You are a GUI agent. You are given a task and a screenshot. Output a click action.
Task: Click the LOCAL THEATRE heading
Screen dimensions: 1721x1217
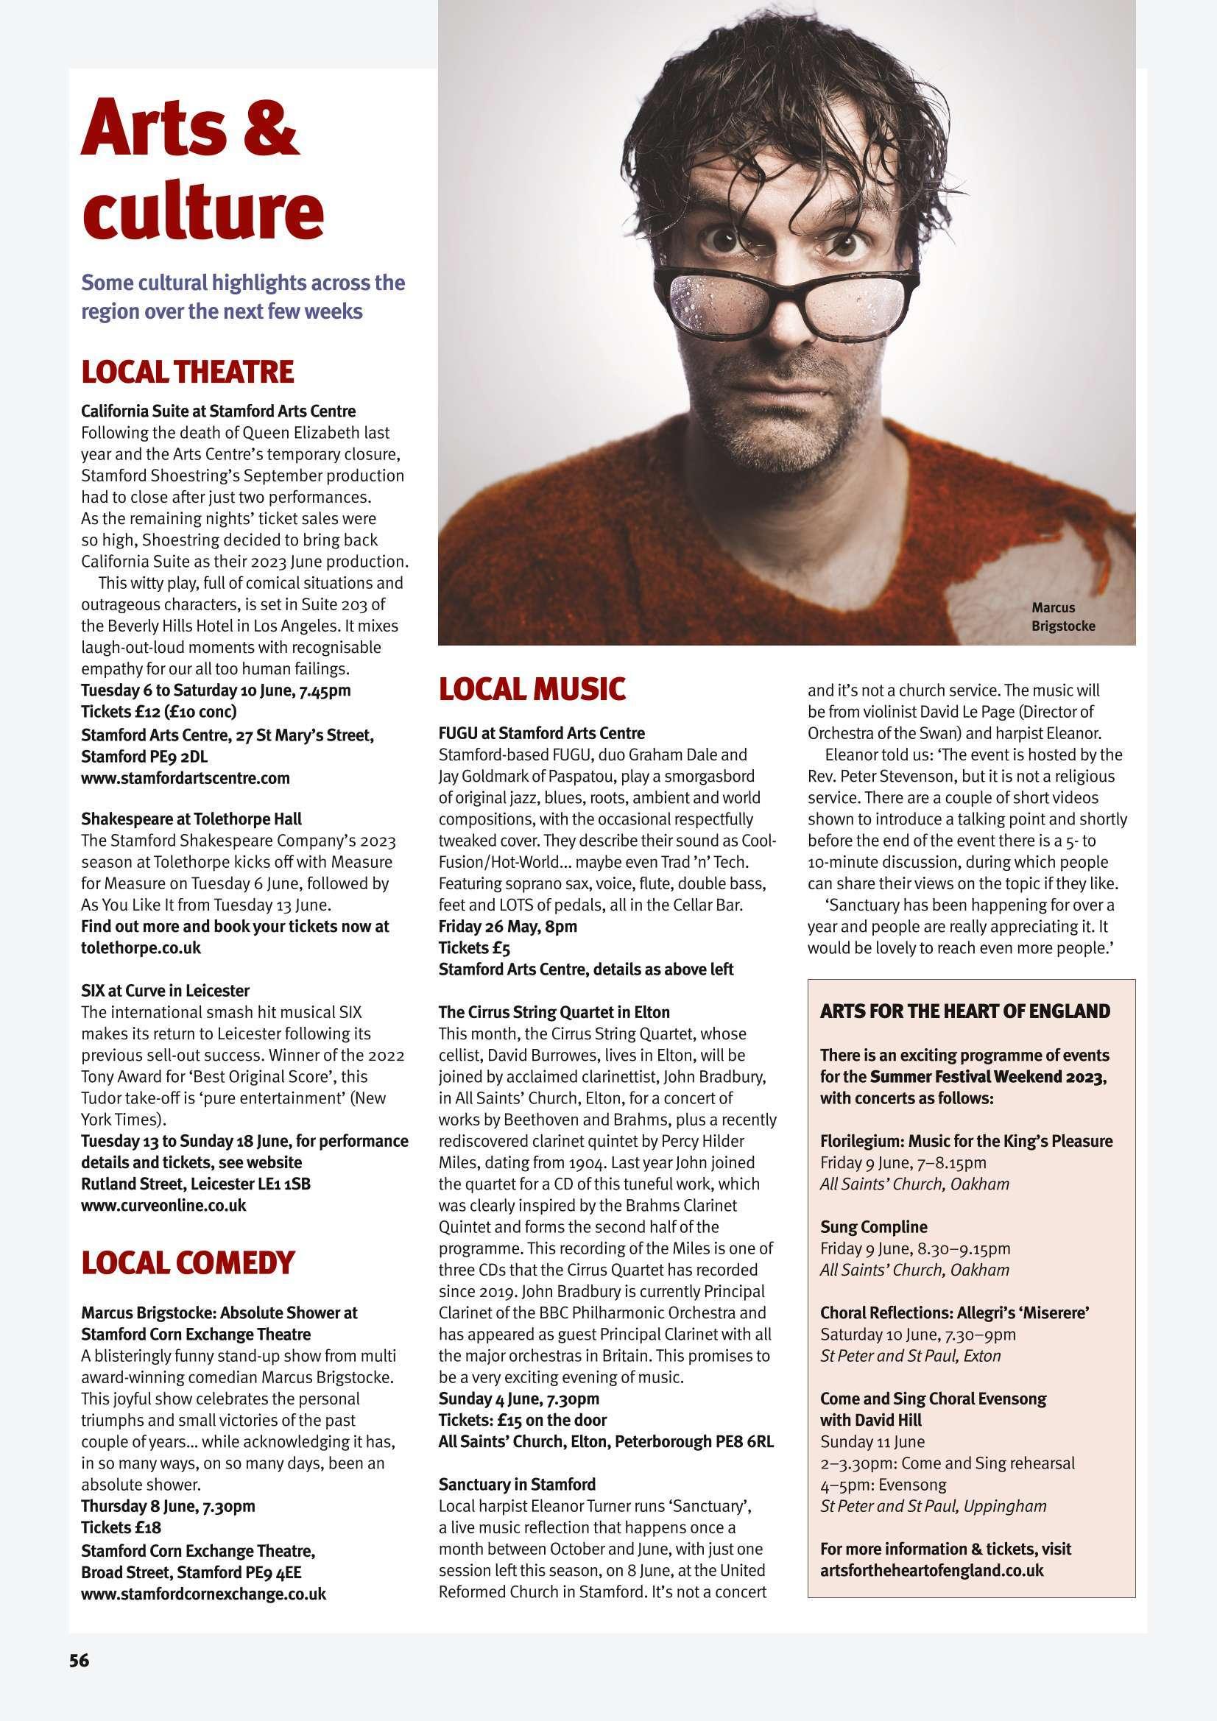[188, 372]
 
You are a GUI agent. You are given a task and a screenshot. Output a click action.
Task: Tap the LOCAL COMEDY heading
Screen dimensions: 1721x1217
[188, 1262]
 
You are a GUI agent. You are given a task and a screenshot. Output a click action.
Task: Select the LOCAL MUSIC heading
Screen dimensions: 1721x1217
[532, 689]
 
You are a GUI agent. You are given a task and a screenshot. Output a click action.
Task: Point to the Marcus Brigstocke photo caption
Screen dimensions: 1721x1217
[1062, 616]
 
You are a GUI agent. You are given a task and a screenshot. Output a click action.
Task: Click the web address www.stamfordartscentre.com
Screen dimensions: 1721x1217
[186, 778]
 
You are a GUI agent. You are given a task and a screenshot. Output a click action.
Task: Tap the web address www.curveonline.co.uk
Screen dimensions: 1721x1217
[163, 1205]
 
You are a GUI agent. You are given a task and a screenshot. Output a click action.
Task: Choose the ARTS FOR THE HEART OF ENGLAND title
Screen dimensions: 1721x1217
[965, 1011]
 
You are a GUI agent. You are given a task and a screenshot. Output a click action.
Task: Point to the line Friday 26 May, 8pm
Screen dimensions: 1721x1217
[508, 927]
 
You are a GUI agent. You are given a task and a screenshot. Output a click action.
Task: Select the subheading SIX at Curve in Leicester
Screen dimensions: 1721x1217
[165, 991]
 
